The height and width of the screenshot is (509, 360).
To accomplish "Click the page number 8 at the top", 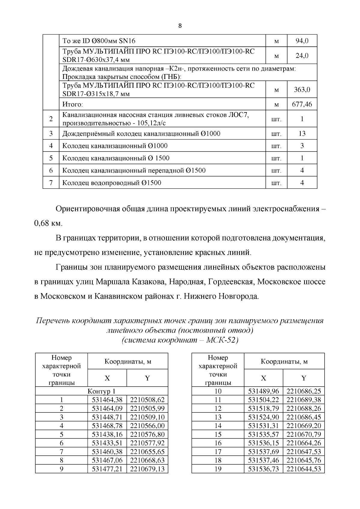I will click(x=180, y=25).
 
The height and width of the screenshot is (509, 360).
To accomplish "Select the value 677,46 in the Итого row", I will click(x=302, y=104).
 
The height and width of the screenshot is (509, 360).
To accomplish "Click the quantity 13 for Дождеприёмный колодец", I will click(x=302, y=133).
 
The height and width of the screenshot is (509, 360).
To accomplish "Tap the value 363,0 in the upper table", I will click(x=302, y=89).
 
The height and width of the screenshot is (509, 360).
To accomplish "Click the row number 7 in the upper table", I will click(x=51, y=183).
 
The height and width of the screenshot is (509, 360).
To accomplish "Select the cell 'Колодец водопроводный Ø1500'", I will click(x=112, y=183).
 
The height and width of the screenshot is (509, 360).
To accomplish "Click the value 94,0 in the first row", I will click(x=302, y=41).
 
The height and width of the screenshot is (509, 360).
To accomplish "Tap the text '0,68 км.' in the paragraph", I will click(x=48, y=223).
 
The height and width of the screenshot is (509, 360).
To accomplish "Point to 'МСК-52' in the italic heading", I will click(x=222, y=340).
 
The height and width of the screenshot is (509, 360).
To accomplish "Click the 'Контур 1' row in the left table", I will click(x=101, y=391).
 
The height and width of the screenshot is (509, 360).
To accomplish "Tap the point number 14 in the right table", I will click(x=218, y=426).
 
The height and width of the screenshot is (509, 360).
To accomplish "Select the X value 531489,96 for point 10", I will click(x=263, y=391).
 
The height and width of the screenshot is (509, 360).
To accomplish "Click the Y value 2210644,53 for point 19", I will click(x=304, y=469).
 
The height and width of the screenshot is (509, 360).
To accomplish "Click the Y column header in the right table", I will click(x=304, y=378).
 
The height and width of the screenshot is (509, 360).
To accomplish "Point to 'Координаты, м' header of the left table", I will click(x=128, y=361).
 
